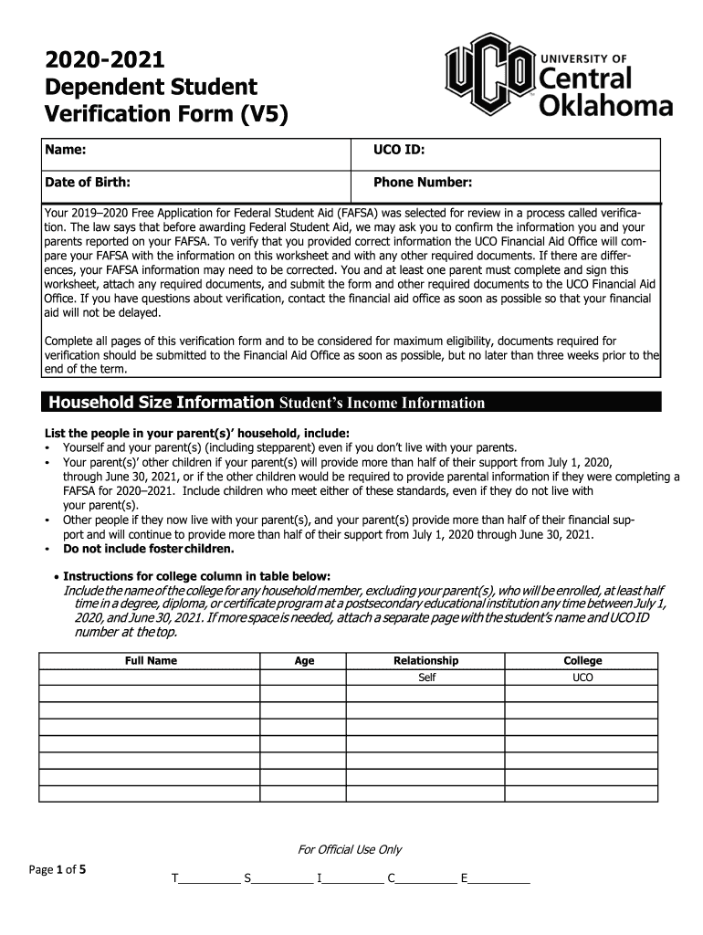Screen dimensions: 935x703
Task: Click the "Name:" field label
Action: tap(66, 149)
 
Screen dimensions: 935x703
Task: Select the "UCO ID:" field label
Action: tap(397, 149)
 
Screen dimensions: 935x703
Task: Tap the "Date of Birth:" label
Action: tap(88, 183)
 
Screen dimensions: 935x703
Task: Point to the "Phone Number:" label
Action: tap(422, 183)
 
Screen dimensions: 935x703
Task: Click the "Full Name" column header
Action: tap(151, 661)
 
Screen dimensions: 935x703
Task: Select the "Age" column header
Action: tap(304, 661)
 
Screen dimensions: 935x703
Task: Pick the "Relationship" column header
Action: tap(425, 661)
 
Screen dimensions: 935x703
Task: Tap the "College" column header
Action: tap(582, 661)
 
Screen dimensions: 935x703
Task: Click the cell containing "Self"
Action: tap(426, 678)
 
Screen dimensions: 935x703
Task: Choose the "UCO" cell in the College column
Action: tap(582, 678)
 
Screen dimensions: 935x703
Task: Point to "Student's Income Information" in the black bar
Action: tap(382, 404)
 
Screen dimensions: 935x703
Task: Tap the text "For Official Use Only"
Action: tap(350, 850)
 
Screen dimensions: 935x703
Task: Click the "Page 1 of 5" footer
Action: tap(58, 869)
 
